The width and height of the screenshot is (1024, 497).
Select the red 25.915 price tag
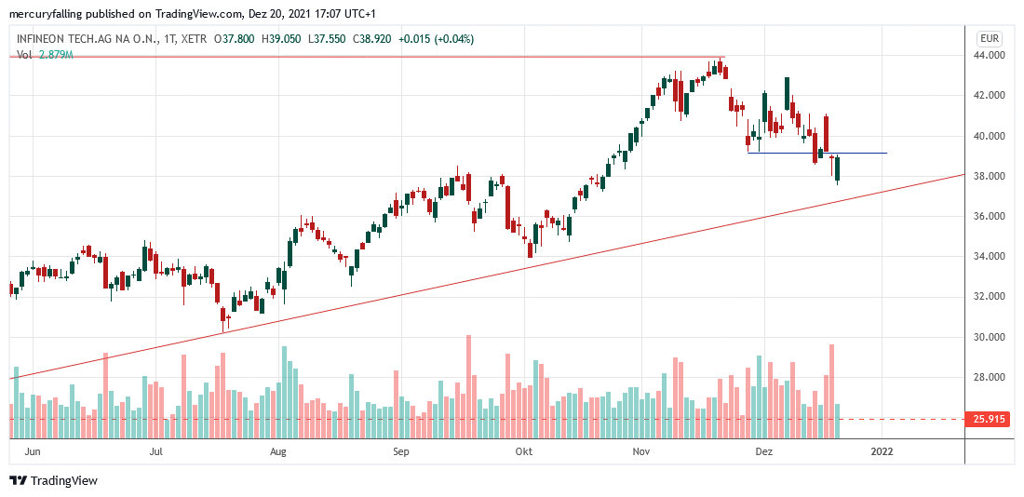click(989, 419)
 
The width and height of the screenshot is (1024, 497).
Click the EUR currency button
click(989, 38)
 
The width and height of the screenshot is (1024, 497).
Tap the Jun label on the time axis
click(33, 451)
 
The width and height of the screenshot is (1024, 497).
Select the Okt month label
click(523, 451)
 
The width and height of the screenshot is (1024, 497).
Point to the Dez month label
click(764, 451)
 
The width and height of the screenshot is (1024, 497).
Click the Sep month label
click(400, 451)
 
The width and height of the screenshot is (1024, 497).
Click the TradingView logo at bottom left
click(54, 480)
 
